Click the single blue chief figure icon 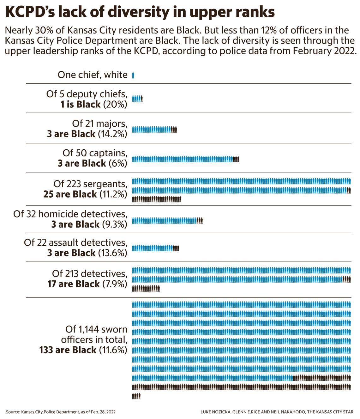pyautogui.click(x=133, y=75)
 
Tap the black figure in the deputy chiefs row pyautogui.click(x=141, y=99)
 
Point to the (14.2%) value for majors pyautogui.click(x=112, y=134)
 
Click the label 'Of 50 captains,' pyautogui.click(x=95, y=153)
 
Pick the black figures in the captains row pyautogui.click(x=236, y=159)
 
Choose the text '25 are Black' pyautogui.click(x=70, y=194)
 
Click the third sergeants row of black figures pyautogui.click(x=156, y=199)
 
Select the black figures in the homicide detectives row pyautogui.click(x=199, y=221)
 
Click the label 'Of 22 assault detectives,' pyautogui.click(x=75, y=242)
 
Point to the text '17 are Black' pyautogui.click(x=73, y=284)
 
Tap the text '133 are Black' pyautogui.click(x=68, y=350)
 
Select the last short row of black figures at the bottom pyautogui.click(x=136, y=396)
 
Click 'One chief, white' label pyautogui.click(x=92, y=75)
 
